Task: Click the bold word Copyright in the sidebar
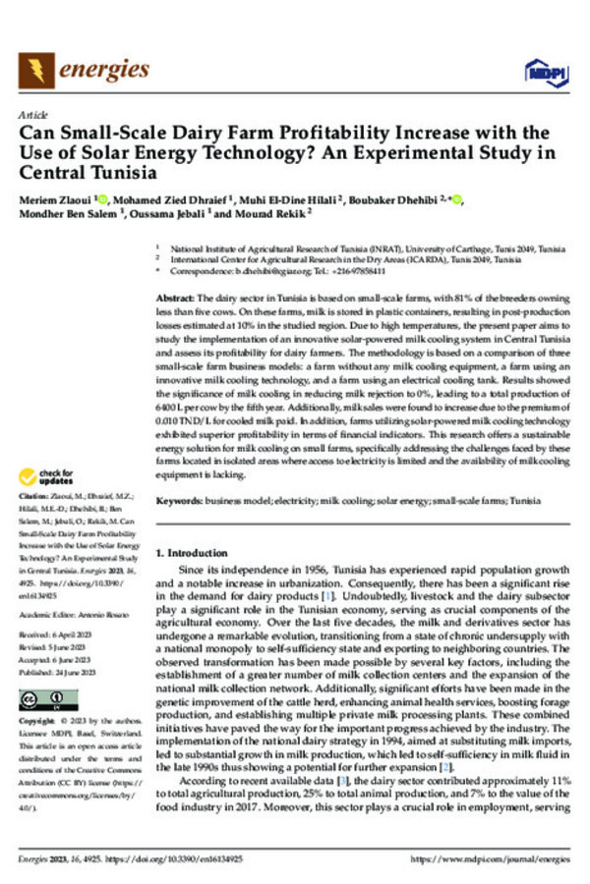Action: pos(40,722)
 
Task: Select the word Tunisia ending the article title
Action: pos(122,174)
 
